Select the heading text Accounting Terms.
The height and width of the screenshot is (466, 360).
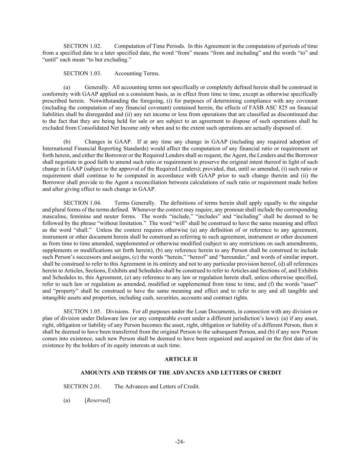137,73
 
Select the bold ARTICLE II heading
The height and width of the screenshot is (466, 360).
181,359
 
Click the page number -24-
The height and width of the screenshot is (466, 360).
180,442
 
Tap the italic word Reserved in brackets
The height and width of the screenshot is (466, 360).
97,400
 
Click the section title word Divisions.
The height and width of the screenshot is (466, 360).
118,311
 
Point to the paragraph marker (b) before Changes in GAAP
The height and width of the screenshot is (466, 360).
67,142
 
